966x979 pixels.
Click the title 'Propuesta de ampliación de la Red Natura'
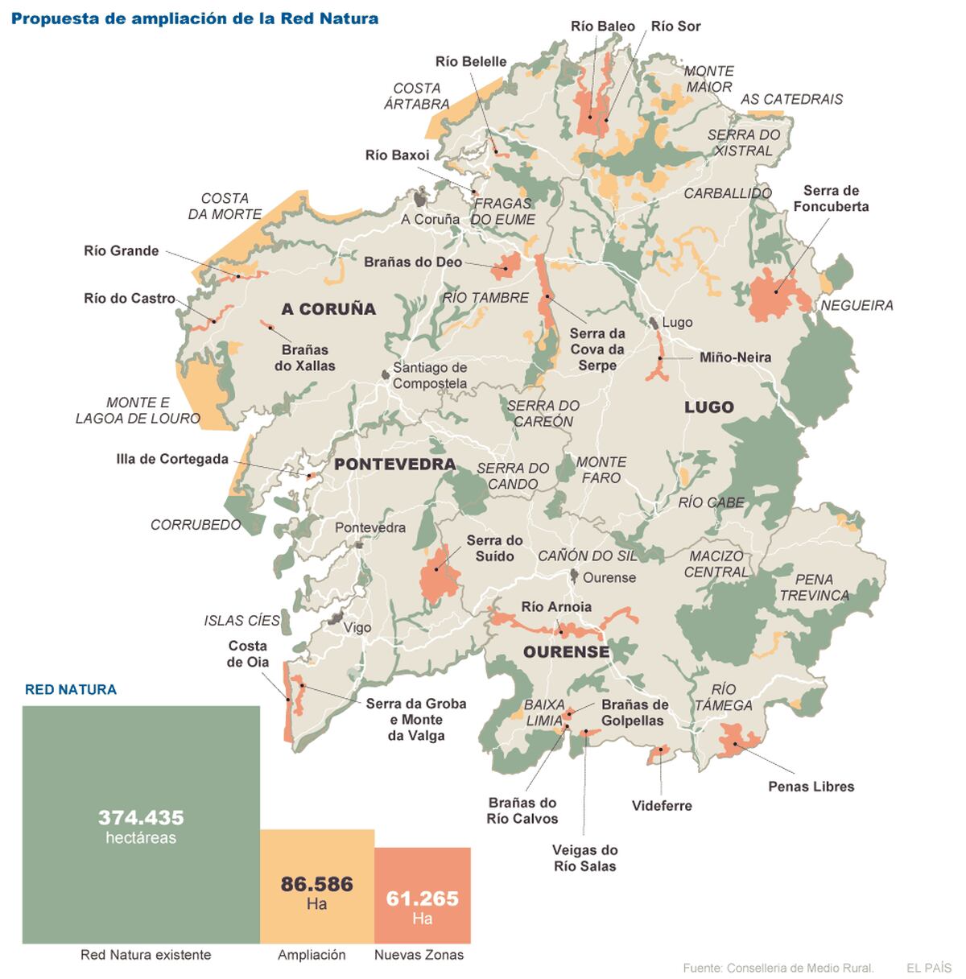point(195,18)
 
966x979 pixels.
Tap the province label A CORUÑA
point(328,309)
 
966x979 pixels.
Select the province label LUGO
point(708,407)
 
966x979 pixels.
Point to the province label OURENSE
point(566,651)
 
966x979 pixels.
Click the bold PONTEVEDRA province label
point(394,465)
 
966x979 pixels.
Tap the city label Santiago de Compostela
point(429,375)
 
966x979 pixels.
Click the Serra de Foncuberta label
point(831,198)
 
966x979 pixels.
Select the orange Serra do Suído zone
point(440,573)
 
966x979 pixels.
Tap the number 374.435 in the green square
point(141,817)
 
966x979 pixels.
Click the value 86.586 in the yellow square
point(316,884)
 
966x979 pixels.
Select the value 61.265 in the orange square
point(422,898)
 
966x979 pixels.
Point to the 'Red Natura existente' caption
point(146,955)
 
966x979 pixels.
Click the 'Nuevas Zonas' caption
point(419,955)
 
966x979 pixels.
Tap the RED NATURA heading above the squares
point(71,689)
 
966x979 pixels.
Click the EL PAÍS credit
point(928,968)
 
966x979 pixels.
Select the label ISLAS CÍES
point(242,621)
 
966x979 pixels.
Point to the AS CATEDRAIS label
point(791,99)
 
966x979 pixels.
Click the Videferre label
point(662,805)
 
